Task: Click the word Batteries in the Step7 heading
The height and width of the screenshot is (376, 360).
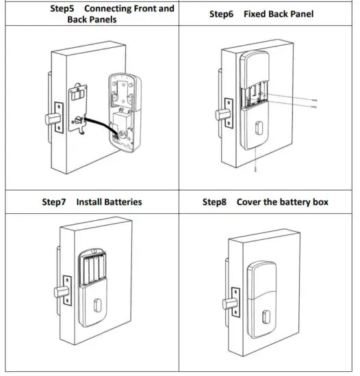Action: [x=123, y=202]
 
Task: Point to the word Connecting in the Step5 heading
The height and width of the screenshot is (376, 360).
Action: [x=108, y=9]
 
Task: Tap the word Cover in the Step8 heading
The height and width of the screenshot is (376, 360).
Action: [x=249, y=202]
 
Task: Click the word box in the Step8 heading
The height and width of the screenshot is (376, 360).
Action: [x=318, y=202]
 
